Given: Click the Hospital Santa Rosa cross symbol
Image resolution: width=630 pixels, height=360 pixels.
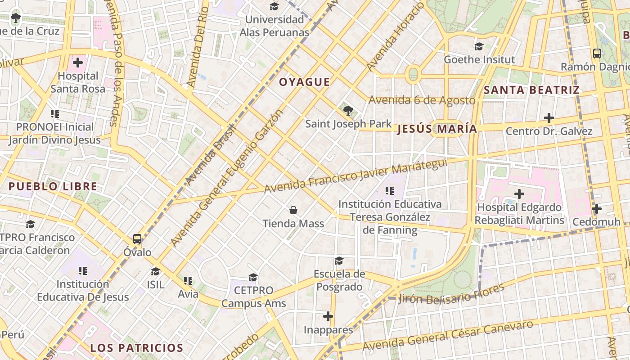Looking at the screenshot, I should coord(78,63).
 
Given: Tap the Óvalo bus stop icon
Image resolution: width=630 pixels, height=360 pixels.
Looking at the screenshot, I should coord(137,239).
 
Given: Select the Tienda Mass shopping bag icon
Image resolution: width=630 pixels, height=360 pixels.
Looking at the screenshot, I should coord(293,210).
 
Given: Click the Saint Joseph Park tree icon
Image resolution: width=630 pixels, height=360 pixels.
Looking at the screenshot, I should coord(348,110).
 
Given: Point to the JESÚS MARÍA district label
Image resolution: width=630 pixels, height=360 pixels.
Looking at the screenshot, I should coord(437,129).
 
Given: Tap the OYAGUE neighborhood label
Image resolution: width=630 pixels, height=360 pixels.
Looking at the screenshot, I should coord(305,82).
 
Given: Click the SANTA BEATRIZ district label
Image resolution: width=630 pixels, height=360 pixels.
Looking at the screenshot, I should coord(531,90).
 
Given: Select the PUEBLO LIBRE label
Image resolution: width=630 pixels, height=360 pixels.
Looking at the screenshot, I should coord(53,186).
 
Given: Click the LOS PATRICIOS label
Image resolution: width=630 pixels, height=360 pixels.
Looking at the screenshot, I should coord(137,348).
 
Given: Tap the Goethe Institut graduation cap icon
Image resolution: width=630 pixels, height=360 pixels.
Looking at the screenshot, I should coord(479,46).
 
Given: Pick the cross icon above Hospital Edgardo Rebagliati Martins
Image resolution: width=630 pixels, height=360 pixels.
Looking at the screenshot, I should coord(519,194).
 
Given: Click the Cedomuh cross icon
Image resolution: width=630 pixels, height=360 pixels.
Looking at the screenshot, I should coord(597,209).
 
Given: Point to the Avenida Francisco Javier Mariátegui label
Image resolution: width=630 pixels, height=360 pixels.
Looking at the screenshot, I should coord(355,176).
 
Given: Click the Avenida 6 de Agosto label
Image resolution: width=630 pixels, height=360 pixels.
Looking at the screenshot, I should coord(422,100).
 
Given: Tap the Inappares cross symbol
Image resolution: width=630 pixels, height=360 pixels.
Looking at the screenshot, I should coord(328,316).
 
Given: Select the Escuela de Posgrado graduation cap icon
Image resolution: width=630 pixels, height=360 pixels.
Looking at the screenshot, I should coord(339,261).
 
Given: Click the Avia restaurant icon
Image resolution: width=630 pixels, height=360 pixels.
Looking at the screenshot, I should coord(188,281).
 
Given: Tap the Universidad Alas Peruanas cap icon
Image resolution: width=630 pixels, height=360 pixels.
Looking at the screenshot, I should coord(274,6).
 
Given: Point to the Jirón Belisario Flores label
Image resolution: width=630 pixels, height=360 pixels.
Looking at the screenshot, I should coord(451,294).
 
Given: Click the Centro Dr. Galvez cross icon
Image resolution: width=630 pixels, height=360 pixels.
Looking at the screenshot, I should coord(549,118).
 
